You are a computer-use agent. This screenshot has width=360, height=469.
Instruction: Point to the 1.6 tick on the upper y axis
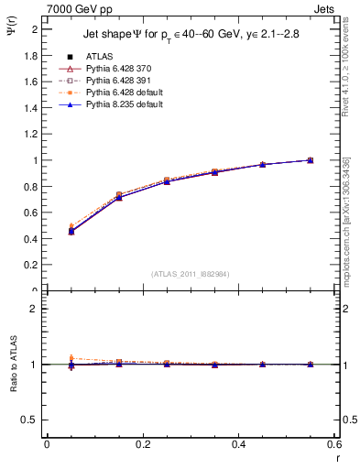tap(30, 82)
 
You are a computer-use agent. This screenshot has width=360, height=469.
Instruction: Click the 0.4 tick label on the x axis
tap(238, 446)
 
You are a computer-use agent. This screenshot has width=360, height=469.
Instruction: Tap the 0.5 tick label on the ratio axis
tap(30, 420)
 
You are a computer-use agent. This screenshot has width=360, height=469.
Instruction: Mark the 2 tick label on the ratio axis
tap(34, 309)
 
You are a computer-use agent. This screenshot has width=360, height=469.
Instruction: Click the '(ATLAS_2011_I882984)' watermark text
tap(191, 274)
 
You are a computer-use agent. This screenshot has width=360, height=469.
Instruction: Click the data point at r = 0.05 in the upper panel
tap(71, 230)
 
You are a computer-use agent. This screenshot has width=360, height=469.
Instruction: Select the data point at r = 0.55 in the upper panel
tap(311, 160)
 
